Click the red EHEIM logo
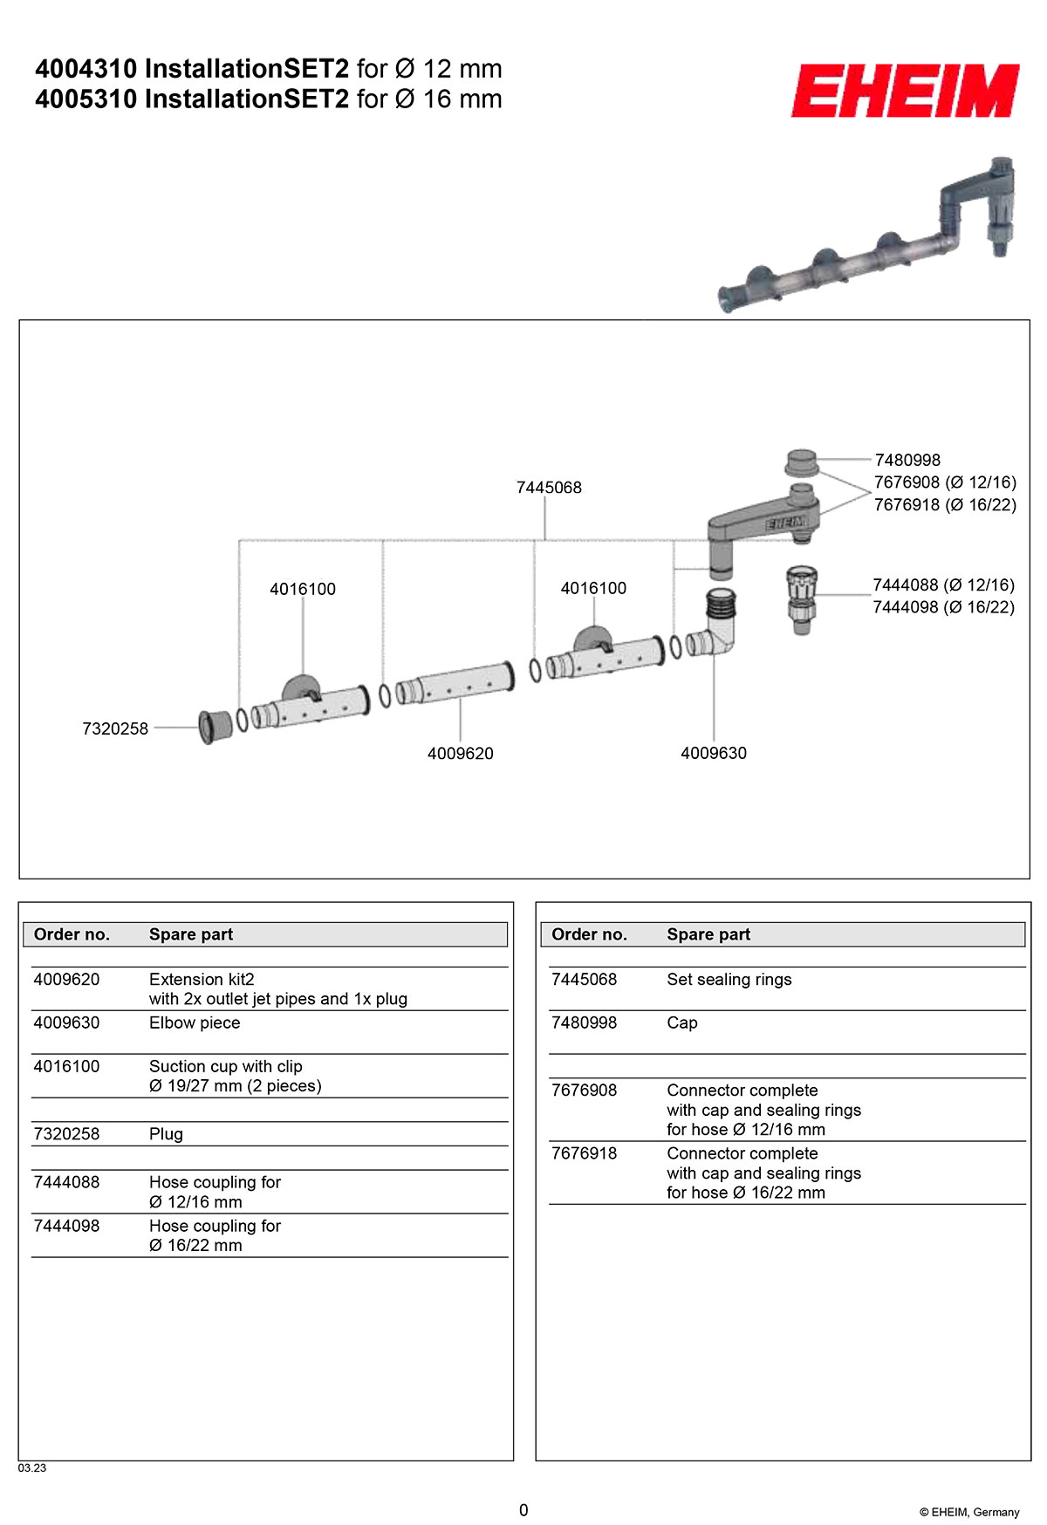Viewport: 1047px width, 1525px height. pos(905,90)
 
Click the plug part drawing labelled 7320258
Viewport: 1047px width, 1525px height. pos(215,727)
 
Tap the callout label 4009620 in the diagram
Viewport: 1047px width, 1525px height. pos(460,754)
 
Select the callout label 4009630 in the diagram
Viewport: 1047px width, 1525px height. pos(714,753)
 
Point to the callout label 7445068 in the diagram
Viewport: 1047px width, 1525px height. pos(549,488)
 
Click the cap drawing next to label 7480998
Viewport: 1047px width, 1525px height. pos(801,462)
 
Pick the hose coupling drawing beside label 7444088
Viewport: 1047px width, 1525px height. pos(802,598)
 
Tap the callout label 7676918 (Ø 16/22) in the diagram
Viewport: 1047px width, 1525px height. pos(945,505)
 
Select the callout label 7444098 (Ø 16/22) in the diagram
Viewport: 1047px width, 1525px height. pos(943,607)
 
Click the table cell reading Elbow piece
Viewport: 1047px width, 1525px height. pos(195,1023)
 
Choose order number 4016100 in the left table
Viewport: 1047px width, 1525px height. pos(66,1067)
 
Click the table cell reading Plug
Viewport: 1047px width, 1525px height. pos(166,1134)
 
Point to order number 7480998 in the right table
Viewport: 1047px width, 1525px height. pos(584,1023)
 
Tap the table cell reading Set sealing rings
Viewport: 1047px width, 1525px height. pos(729,980)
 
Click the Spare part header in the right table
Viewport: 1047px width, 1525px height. pos(708,934)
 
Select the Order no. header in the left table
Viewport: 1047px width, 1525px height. pos(72,934)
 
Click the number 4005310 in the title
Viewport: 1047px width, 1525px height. pos(86,99)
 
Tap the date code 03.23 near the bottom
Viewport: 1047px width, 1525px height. pos(32,1468)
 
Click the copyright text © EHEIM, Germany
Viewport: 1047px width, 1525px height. pos(968,1512)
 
